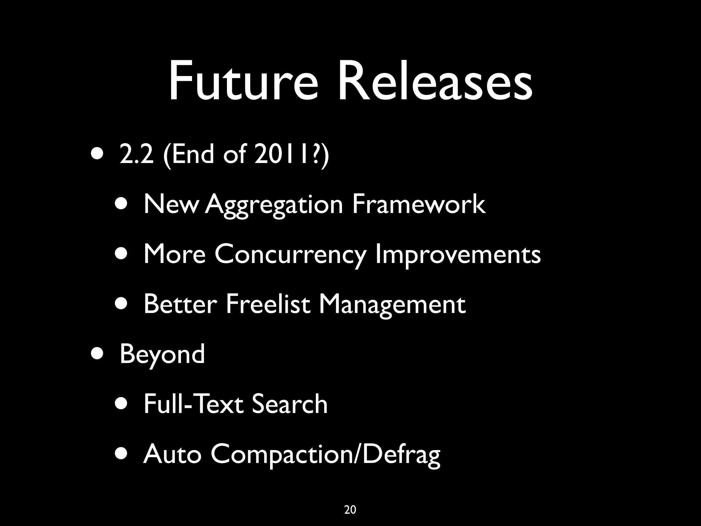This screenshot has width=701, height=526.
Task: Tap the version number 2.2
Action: [x=137, y=154]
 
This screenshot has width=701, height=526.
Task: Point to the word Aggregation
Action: [x=274, y=205]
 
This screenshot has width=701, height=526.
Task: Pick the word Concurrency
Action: [x=290, y=255]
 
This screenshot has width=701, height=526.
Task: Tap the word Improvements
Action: [x=458, y=255]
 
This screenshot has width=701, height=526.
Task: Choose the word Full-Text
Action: [x=194, y=404]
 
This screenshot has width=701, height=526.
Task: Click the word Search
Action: [x=290, y=404]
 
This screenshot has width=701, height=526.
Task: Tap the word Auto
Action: [x=172, y=454]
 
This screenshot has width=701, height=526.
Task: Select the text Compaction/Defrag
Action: [x=325, y=454]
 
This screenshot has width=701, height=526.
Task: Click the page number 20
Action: [x=350, y=510]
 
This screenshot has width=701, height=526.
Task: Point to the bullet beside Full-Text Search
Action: [x=123, y=404]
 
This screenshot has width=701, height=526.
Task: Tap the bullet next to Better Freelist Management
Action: [x=123, y=304]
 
